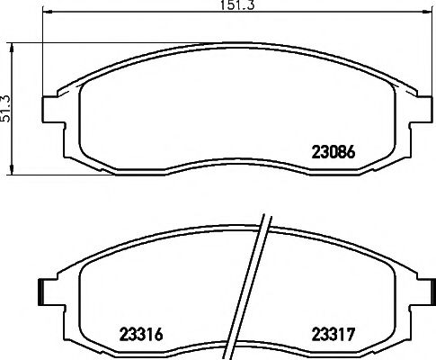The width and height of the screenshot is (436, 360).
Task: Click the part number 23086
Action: point(334,152)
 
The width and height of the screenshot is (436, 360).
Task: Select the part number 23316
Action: point(141,334)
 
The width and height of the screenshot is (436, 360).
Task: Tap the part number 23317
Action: point(334,334)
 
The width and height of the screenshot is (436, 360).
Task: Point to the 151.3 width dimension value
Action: point(237,5)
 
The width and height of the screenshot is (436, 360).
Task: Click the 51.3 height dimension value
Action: point(5,109)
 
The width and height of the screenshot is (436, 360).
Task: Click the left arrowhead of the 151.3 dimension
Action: point(48,13)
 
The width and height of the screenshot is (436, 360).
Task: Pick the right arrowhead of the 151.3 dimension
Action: point(427,13)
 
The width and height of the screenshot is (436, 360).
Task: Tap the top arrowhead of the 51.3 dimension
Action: point(12,48)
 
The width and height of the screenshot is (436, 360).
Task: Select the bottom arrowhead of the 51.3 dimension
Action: point(12,169)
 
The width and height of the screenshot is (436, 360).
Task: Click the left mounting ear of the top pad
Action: point(54,109)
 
